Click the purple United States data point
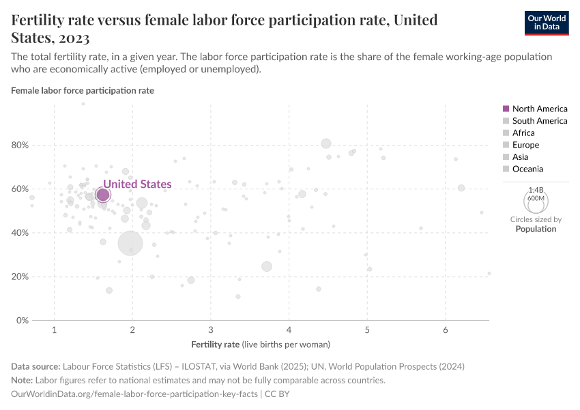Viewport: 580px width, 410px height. [x=103, y=195]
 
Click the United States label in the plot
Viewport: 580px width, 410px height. [x=137, y=184]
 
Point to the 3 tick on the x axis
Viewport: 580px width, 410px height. [x=211, y=331]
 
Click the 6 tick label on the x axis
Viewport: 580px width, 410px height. [x=446, y=331]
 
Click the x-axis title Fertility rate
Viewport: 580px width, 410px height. [x=216, y=344]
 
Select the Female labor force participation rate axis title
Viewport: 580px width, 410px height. [x=83, y=90]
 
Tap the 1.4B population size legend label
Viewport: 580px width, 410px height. [x=536, y=189]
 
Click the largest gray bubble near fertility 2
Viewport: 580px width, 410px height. [x=130, y=243]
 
